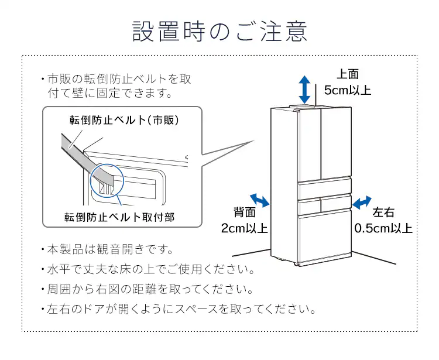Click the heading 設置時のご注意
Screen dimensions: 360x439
coord(220,31)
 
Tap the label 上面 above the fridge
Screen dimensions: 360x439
coord(348,74)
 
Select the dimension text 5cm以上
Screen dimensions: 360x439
coord(348,90)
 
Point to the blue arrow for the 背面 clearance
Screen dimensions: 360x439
coord(260,200)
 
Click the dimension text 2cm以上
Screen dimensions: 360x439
coord(245,228)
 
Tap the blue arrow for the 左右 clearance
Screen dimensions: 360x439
coord(362,202)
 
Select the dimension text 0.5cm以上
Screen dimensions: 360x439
coord(383,228)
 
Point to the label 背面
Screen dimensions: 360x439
coord(245,212)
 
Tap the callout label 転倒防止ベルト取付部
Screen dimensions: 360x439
coord(119,217)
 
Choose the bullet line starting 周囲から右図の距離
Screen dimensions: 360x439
coord(149,289)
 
